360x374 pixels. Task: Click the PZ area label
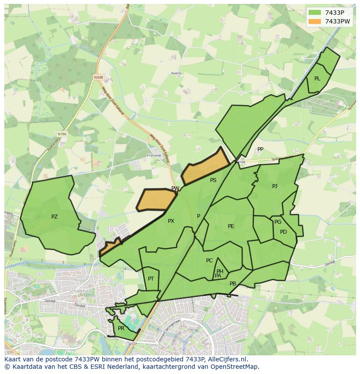(54, 216)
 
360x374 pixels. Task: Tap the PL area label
(317, 79)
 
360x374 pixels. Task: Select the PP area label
(260, 149)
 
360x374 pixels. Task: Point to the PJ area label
(274, 186)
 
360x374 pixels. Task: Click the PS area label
(213, 180)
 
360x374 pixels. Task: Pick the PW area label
(175, 189)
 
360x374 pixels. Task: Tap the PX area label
(171, 221)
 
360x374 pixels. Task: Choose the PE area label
(231, 226)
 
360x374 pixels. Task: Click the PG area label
(278, 222)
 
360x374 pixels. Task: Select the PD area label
(283, 232)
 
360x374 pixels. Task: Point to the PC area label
(209, 261)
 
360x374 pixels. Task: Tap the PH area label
(220, 271)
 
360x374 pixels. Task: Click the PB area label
(233, 284)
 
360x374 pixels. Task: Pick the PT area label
(151, 279)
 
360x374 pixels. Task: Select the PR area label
(121, 328)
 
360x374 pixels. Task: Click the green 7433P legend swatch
(314, 12)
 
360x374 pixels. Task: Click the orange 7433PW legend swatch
(314, 21)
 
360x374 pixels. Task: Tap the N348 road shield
(99, 77)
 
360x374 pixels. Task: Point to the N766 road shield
(62, 134)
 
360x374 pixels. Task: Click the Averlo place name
(176, 73)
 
